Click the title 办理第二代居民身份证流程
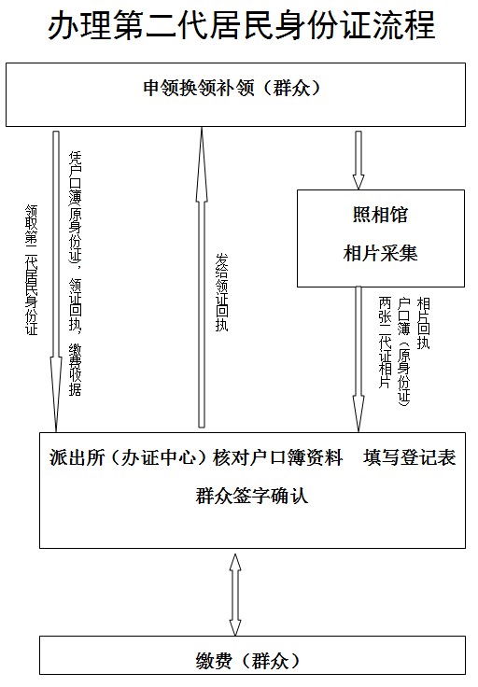(241, 25)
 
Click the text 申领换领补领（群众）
(232, 88)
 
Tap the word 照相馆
(380, 215)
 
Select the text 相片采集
(380, 253)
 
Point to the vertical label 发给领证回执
(221, 292)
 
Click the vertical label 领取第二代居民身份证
(32, 270)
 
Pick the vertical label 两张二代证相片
(385, 343)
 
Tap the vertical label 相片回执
(423, 323)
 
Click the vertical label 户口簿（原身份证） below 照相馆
(403, 352)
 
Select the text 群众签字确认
(252, 496)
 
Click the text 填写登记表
(410, 457)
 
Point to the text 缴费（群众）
(249, 661)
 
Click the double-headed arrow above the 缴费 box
(235, 595)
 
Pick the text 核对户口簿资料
(278, 457)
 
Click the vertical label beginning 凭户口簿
(75, 273)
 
